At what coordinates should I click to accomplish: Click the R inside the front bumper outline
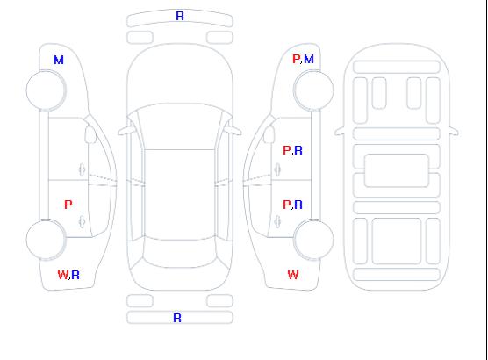pos(180,16)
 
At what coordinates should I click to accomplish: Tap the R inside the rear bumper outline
pos(177,318)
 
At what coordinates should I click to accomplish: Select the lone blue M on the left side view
pos(59,60)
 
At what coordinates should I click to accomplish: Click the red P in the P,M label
pos(297,59)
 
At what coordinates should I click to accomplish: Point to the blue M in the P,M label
pos(309,59)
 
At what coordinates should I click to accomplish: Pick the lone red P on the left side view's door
pos(68,205)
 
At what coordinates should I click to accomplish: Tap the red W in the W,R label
pos(63,275)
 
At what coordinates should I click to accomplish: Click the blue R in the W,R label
pos(75,275)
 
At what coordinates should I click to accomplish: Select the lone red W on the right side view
pos(293,275)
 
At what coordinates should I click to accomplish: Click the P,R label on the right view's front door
pos(292,150)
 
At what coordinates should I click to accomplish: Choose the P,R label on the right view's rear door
pos(292,205)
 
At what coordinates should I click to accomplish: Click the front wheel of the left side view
pos(46,90)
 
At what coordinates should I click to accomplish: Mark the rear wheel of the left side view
pos(46,240)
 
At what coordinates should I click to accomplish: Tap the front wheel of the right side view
pos(313,90)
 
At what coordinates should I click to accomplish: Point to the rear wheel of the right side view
pos(313,240)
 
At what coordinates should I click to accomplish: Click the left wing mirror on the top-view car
pos(126,131)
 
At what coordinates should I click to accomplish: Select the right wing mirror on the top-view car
pos(233,131)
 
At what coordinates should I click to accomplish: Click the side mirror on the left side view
pos(90,134)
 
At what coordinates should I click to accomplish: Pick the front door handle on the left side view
pos(82,169)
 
